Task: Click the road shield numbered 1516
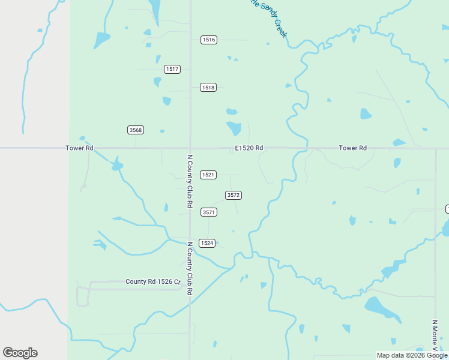tap(208, 40)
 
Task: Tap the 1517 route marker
tap(172, 69)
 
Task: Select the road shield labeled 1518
tap(208, 87)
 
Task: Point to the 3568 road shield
tap(136, 130)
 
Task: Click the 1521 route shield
tap(208, 175)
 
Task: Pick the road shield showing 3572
tap(234, 195)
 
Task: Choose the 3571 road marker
tap(208, 212)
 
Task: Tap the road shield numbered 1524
tap(206, 243)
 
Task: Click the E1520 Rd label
tap(249, 148)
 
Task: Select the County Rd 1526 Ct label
tap(152, 281)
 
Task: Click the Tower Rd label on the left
tap(80, 148)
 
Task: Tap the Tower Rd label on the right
tap(352, 148)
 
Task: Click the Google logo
tap(20, 353)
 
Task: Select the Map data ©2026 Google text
tap(412, 355)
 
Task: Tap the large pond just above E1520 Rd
tap(234, 128)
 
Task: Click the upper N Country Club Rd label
tap(189, 181)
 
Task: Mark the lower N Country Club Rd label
tap(189, 268)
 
